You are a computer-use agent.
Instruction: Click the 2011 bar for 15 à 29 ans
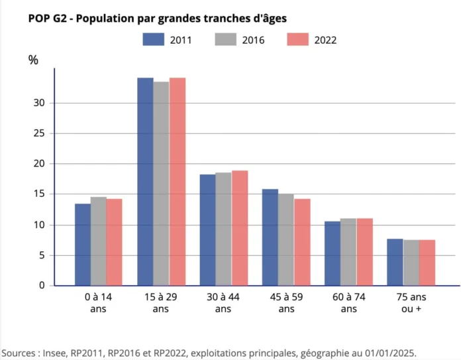coord(145,182)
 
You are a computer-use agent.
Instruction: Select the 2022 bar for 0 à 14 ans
coord(114,242)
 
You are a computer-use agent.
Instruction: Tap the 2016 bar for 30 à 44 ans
coord(223,229)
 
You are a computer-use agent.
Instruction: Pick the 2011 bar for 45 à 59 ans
coord(270,237)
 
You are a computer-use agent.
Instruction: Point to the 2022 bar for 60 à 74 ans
coord(364,252)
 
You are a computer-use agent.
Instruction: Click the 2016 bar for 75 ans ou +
coord(411,263)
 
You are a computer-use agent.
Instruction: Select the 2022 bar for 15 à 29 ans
coord(177,182)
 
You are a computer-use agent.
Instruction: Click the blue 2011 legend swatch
coord(153,40)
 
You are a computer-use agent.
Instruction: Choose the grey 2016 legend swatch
coord(226,40)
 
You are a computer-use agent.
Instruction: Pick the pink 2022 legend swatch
coord(298,40)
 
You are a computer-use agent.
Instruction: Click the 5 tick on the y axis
coord(42,255)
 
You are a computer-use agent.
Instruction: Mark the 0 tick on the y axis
coord(42,286)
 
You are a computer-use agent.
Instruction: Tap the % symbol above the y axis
coord(33,60)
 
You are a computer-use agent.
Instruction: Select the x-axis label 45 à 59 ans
coord(286,304)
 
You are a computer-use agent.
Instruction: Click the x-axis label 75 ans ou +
coord(411,304)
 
